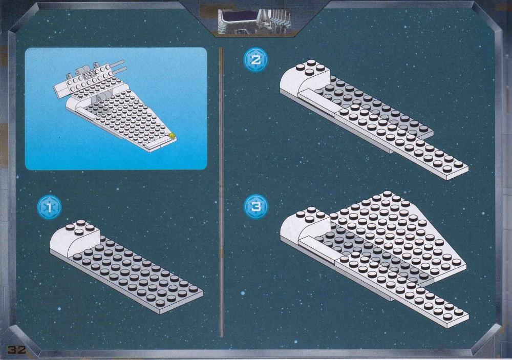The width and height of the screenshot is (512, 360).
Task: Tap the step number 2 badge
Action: [255, 60]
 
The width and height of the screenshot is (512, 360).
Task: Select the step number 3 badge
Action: [255, 207]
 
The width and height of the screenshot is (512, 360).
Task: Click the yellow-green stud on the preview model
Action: [172, 135]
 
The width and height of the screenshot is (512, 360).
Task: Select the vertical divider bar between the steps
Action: [221, 192]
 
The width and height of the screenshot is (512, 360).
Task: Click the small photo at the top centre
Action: [254, 21]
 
